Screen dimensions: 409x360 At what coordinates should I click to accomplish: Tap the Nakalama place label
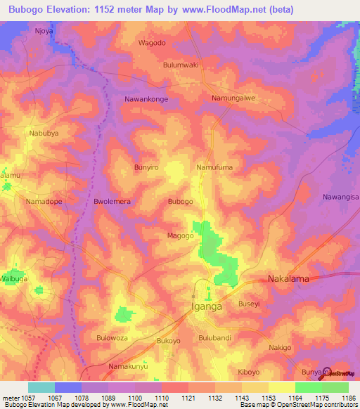(288, 279)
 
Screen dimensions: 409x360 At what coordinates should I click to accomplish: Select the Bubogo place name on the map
(180, 202)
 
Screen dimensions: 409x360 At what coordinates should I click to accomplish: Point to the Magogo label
(180, 235)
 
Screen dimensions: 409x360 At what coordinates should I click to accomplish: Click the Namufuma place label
(214, 167)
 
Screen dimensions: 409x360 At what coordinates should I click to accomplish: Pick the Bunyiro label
(146, 168)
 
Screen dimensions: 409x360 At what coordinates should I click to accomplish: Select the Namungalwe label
(233, 98)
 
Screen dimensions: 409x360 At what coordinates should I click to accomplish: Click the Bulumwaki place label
(181, 65)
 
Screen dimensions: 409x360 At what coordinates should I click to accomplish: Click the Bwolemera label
(112, 202)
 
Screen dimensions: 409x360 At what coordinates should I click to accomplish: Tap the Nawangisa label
(340, 197)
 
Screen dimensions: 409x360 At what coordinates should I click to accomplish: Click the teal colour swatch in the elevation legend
(41, 387)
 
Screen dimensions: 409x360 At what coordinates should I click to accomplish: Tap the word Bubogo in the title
(29, 10)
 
